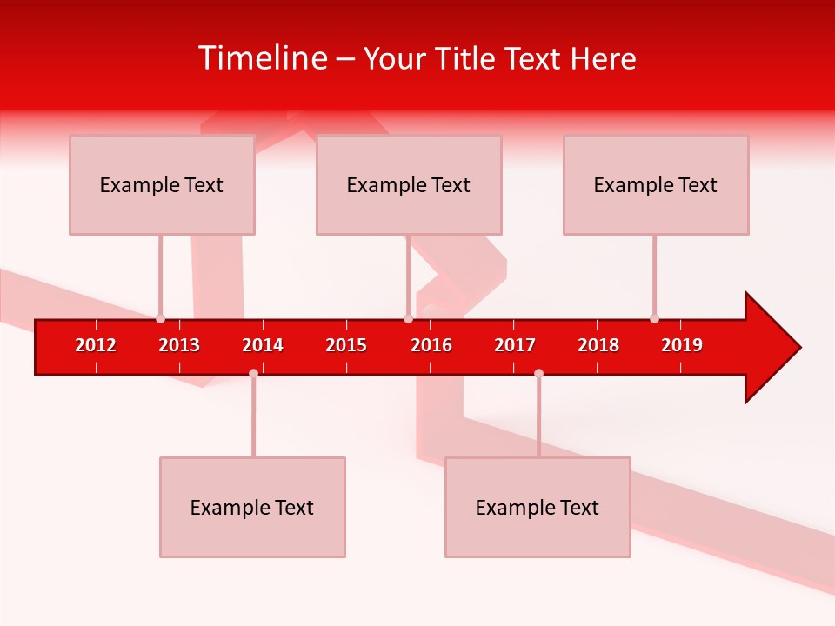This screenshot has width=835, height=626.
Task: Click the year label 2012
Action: click(x=96, y=345)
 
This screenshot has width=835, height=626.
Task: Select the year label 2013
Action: click(x=179, y=345)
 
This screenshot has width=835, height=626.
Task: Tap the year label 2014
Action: click(x=263, y=345)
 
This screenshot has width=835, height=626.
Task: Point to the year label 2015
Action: click(x=346, y=345)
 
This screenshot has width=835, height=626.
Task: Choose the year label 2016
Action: click(x=431, y=345)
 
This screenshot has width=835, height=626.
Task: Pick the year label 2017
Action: click(x=515, y=345)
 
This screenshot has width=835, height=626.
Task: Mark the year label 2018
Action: click(x=598, y=345)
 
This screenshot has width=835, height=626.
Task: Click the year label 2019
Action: click(x=682, y=345)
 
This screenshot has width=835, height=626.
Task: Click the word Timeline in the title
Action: click(x=263, y=58)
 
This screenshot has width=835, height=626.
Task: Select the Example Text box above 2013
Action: click(x=162, y=184)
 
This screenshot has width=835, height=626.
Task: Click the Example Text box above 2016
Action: click(x=409, y=184)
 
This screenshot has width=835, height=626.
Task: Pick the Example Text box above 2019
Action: click(x=656, y=184)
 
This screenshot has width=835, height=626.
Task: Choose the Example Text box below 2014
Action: click(x=252, y=507)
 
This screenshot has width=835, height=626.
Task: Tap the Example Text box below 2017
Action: click(x=538, y=507)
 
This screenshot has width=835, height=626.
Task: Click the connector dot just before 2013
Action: click(x=160, y=318)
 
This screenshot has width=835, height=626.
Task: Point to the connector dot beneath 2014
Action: click(x=253, y=373)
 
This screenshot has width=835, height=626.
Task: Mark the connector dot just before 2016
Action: click(x=408, y=318)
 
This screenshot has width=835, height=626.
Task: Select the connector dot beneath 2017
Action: click(x=538, y=373)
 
